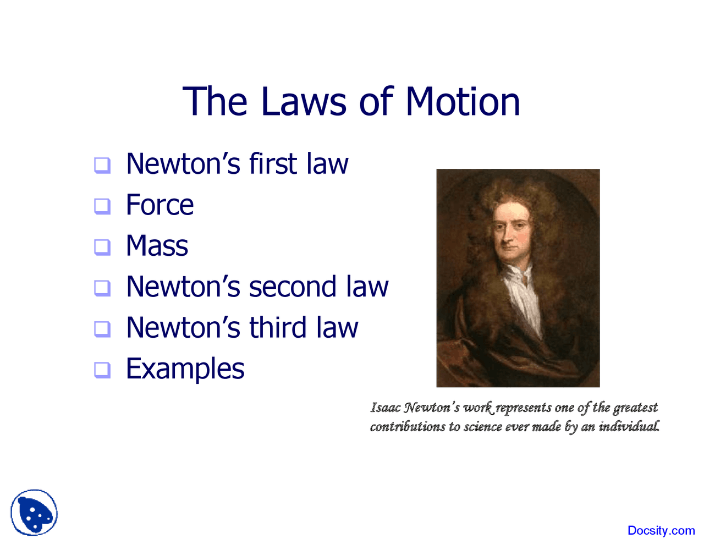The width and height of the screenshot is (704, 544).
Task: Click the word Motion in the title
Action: point(463,102)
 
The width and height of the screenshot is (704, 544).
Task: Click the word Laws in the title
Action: point(303,102)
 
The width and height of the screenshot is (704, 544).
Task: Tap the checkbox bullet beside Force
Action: point(102,206)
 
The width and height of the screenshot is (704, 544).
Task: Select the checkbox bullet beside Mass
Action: point(102,247)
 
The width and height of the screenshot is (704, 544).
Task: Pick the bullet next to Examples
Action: point(102,370)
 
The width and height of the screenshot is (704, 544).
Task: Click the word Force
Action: point(159,206)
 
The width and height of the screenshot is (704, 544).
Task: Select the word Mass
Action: point(157,246)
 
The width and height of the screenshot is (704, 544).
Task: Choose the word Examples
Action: point(185,370)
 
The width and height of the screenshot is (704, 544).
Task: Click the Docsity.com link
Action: point(661,531)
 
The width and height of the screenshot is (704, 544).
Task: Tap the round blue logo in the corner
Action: point(34,513)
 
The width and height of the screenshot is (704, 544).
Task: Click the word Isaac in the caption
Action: point(386,408)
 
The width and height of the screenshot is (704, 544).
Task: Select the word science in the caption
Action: point(482,427)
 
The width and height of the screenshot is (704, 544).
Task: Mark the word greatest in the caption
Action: point(635,408)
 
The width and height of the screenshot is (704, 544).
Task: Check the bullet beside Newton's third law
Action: point(102,329)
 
